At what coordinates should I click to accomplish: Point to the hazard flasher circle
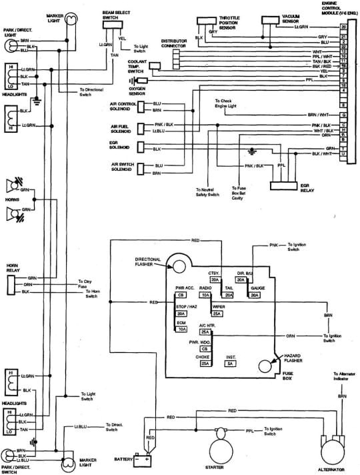pos(266,365)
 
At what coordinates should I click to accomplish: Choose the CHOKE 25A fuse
pos(206,364)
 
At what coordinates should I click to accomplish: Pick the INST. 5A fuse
pos(229,364)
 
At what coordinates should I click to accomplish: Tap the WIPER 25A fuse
pos(217,314)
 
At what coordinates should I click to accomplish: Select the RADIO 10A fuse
pos(205,294)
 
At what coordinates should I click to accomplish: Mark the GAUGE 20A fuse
pos(254,294)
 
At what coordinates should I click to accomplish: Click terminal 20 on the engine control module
pos(343,27)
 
